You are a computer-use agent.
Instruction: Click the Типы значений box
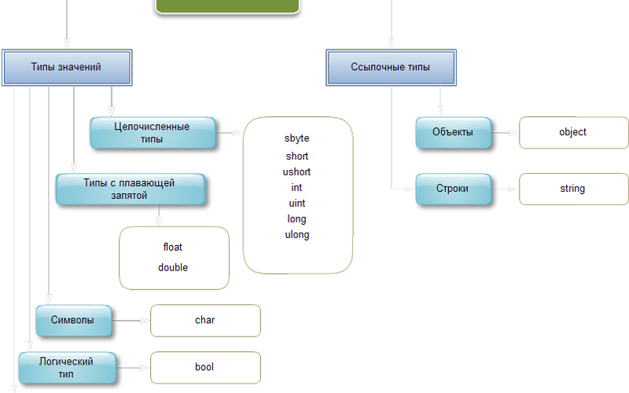[67, 68]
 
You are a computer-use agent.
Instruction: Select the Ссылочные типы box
[391, 68]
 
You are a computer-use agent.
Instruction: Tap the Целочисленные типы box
[152, 133]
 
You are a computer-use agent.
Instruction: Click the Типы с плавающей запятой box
[130, 189]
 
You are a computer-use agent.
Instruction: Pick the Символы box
[74, 320]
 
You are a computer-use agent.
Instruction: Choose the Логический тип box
[67, 367]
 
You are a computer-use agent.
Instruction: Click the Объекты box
[453, 132]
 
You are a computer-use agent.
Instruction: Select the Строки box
[453, 189]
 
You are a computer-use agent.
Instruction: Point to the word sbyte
[297, 138]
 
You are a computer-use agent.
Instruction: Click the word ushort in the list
[297, 171]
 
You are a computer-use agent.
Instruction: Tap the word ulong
[297, 234]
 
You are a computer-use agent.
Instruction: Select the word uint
[297, 203]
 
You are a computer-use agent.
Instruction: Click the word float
[173, 247]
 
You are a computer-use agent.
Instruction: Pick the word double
[173, 267]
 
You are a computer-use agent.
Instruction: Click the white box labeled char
[205, 321]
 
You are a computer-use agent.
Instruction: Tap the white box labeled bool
[205, 367]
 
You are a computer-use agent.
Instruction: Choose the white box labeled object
[573, 132]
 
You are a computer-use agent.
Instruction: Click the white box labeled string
[573, 189]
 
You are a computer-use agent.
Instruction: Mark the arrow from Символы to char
[131, 321]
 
